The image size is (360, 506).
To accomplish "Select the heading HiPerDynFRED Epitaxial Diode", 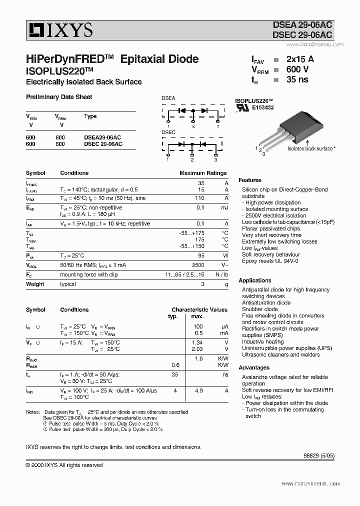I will [x=112, y=59].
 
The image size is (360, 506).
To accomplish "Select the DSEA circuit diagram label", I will [x=168, y=98].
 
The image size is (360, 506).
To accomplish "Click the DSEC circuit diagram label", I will [x=168, y=132].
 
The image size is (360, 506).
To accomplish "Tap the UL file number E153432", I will [x=262, y=107].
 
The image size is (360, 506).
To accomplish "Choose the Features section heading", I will [x=250, y=180].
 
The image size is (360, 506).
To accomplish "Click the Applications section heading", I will [x=255, y=280].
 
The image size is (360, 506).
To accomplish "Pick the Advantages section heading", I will [x=254, y=367].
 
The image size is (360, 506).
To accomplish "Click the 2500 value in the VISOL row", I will [x=198, y=265].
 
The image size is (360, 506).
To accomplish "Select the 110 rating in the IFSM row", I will [x=200, y=198].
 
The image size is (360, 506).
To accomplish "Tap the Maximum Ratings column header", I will [x=203, y=173].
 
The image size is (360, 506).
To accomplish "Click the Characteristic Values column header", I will [x=199, y=310].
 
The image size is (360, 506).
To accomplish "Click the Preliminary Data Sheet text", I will [x=59, y=97].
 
